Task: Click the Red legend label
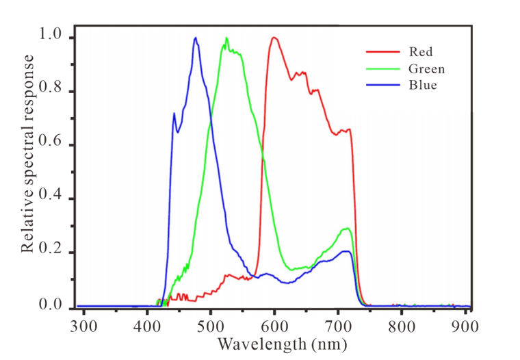(x=420, y=51)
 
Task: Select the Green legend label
(x=426, y=68)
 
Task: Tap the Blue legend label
(x=422, y=86)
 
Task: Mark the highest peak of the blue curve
(x=196, y=38)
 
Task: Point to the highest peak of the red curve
(x=274, y=38)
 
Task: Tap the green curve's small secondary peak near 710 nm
(x=348, y=228)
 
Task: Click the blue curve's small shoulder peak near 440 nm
(x=174, y=114)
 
